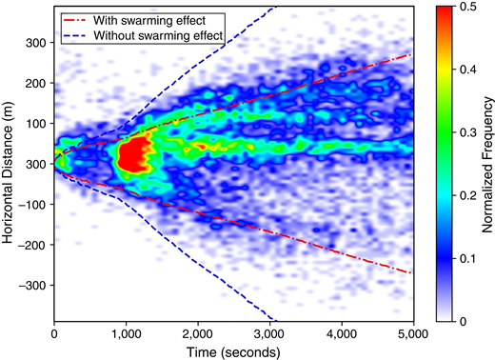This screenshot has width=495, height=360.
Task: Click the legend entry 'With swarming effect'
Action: coord(151,19)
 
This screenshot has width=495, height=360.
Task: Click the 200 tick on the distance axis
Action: coord(36,84)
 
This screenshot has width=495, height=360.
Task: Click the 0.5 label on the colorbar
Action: coord(467,8)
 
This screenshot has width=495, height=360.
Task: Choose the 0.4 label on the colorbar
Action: coord(467,70)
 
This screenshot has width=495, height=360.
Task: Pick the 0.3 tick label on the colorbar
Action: coord(467,133)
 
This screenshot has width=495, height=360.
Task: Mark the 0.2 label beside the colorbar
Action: coord(467,197)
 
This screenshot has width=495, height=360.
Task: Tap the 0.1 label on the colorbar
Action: coord(467,260)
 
